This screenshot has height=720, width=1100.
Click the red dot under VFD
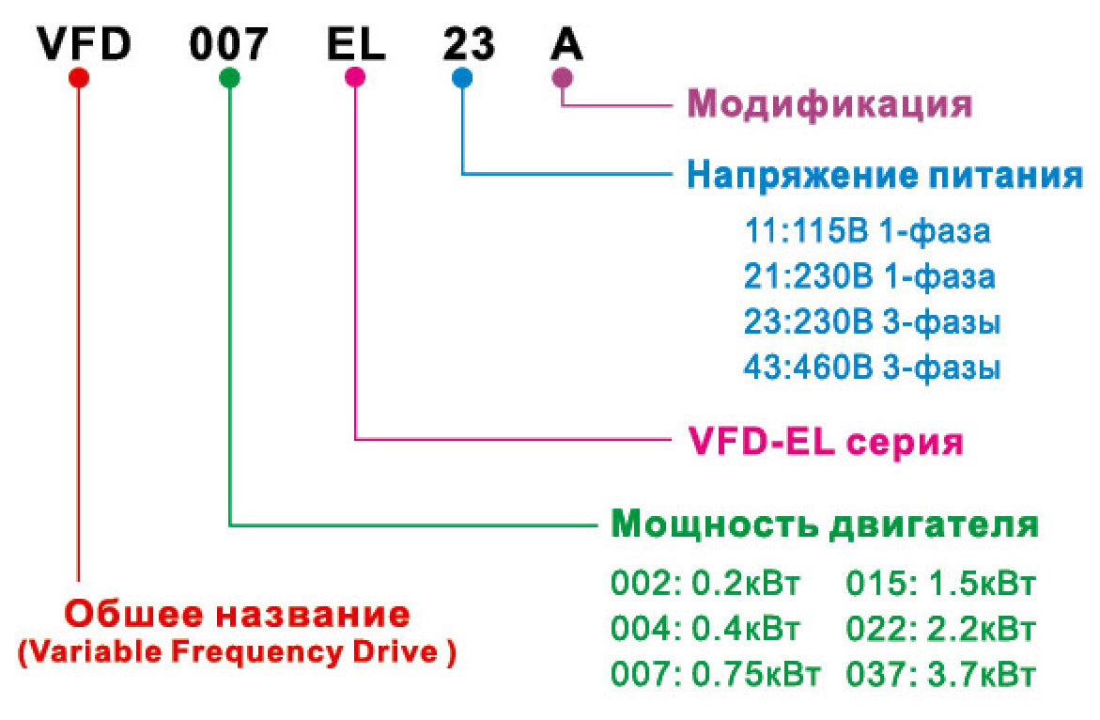[x=79, y=77]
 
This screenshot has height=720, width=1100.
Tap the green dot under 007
[x=229, y=77]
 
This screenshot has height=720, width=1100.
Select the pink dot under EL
[x=355, y=77]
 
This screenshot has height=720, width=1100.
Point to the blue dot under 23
[x=462, y=77]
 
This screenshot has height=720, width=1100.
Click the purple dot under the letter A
[x=563, y=77]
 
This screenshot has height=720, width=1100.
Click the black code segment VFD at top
[x=85, y=43]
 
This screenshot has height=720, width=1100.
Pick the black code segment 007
[x=228, y=43]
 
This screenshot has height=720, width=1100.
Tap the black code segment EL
[x=356, y=43]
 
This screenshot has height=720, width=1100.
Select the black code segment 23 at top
[x=469, y=43]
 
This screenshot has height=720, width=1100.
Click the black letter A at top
[x=566, y=43]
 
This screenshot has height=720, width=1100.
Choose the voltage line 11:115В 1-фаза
[x=867, y=231]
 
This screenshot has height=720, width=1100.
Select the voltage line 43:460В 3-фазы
[x=872, y=368]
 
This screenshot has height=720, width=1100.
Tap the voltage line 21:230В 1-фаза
[x=869, y=276]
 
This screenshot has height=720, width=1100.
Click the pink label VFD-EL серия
[x=826, y=442]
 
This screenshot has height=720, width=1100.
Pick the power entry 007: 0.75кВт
[x=715, y=674]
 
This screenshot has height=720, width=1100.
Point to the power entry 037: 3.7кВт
[x=940, y=674]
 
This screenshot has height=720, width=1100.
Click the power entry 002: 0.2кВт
[x=705, y=583]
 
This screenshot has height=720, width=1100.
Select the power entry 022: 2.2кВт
[x=940, y=629]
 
